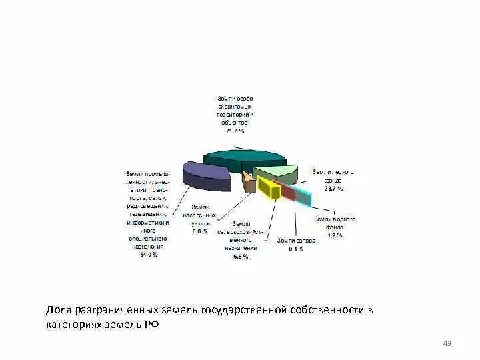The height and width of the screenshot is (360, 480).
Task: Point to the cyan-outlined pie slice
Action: [297, 195]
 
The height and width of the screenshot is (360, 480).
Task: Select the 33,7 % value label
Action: [333, 189]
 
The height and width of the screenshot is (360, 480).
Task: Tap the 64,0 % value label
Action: [149, 254]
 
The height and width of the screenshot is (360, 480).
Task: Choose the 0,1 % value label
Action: [296, 249]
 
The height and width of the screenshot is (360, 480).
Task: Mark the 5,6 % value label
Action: [201, 231]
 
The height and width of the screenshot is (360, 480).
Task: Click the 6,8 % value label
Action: [241, 256]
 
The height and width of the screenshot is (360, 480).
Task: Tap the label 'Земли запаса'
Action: [296, 240]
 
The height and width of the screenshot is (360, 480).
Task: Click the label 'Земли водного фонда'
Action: [335, 223]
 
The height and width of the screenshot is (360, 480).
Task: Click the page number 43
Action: [447, 343]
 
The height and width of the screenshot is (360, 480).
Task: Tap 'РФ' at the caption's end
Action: [153, 325]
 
